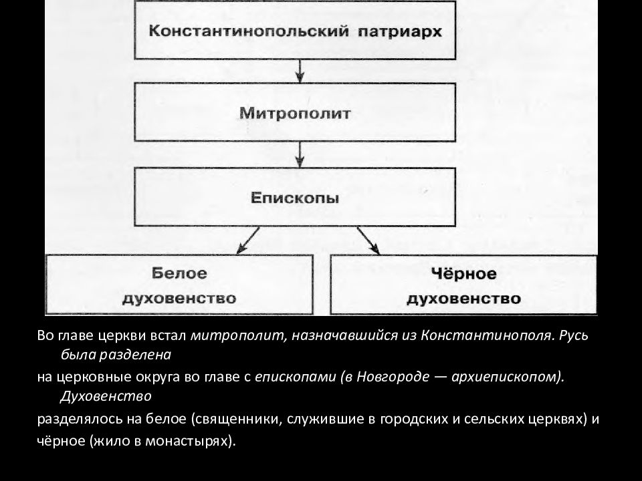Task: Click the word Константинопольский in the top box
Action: pyautogui.click(x=249, y=31)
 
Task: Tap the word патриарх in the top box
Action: pyautogui.click(x=400, y=32)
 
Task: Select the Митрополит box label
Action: pyautogui.click(x=295, y=113)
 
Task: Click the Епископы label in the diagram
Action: pyautogui.click(x=295, y=198)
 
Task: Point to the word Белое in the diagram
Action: pyautogui.click(x=179, y=273)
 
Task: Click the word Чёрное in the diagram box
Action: pyautogui.click(x=463, y=273)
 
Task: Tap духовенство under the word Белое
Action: pyautogui.click(x=179, y=298)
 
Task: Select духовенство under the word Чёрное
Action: pyautogui.click(x=463, y=299)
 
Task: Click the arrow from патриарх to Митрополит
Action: pyautogui.click(x=300, y=71)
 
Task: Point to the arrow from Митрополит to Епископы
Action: pyautogui.click(x=300, y=154)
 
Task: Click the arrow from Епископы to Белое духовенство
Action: pyautogui.click(x=248, y=240)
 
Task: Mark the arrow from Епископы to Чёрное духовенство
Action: pyautogui.click(x=368, y=241)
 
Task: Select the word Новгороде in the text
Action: pyautogui.click(x=393, y=376)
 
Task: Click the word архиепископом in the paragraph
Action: pyautogui.click(x=506, y=377)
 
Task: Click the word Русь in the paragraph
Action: pyautogui.click(x=572, y=335)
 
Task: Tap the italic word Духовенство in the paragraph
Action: pyautogui.click(x=106, y=396)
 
